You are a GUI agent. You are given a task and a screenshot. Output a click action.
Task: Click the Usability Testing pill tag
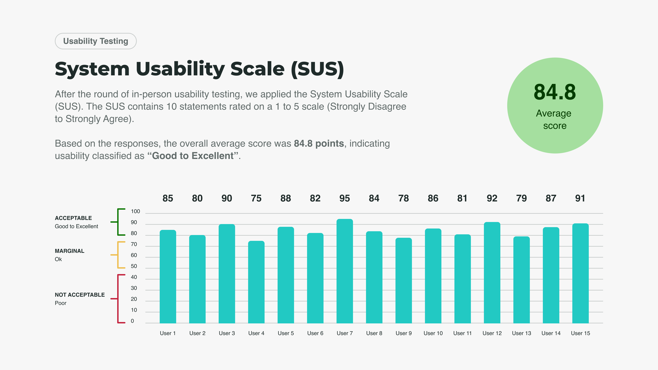96,41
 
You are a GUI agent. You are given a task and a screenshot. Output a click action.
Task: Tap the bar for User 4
256,282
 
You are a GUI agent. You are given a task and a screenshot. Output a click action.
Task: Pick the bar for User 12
492,273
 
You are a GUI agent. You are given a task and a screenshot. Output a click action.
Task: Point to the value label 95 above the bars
345,198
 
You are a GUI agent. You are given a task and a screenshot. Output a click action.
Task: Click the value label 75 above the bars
256,198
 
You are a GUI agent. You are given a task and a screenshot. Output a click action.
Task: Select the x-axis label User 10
433,333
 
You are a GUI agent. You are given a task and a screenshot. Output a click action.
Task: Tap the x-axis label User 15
580,333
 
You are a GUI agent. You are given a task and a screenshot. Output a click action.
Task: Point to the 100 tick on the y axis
135,211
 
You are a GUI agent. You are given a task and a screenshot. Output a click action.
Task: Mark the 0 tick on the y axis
132,321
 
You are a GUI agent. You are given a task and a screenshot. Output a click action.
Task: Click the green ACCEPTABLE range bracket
118,222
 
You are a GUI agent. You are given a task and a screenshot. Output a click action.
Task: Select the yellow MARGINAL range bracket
118,255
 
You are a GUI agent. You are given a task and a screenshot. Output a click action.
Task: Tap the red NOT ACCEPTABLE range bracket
118,299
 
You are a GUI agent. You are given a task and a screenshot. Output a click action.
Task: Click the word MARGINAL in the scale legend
69,251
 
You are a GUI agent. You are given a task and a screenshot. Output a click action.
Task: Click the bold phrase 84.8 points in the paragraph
319,144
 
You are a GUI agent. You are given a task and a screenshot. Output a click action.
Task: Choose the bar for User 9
404,280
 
